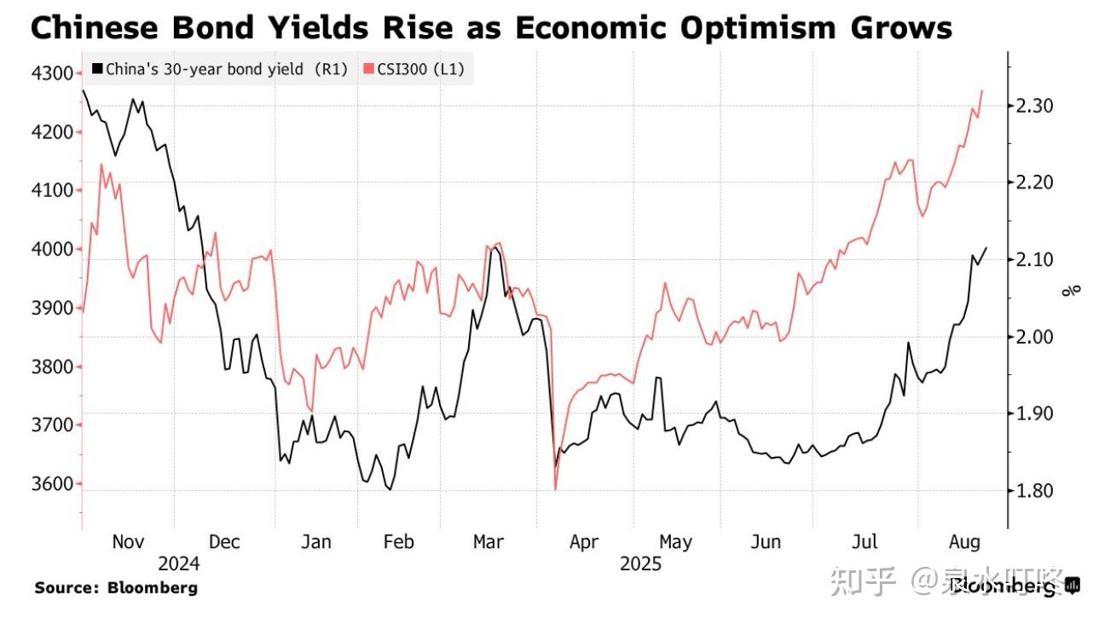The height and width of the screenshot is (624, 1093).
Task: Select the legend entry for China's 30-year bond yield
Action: pos(219,69)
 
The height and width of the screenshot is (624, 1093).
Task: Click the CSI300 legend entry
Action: pos(413,69)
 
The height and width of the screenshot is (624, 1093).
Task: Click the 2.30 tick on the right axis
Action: pos(1034,106)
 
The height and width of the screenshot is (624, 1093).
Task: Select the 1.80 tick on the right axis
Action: pos(1034,491)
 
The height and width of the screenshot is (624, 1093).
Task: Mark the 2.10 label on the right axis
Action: pos(1034,260)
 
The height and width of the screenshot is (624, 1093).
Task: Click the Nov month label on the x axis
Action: pos(129,542)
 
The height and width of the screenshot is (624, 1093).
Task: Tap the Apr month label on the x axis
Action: pos(584,542)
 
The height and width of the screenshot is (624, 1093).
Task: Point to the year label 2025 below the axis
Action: pos(640,563)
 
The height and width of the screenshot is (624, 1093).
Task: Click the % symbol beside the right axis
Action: pos(1071,290)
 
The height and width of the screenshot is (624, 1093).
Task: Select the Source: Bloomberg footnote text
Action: pos(116,587)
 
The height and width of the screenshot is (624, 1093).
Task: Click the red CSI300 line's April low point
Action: pos(556,489)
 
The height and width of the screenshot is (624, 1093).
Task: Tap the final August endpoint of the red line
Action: pos(982,90)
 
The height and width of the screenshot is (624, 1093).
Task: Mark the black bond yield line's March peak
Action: pos(492,248)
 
